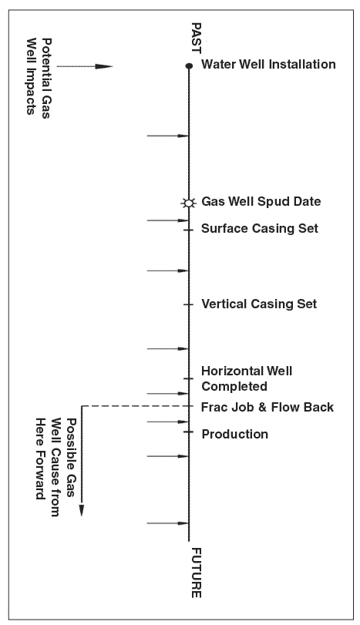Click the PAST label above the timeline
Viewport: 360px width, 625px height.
(x=196, y=38)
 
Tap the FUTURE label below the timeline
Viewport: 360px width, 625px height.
(x=196, y=573)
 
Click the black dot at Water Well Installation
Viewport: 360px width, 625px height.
(x=189, y=66)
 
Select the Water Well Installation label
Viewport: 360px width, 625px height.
(x=268, y=64)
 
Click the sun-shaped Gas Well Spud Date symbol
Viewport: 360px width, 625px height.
(x=189, y=203)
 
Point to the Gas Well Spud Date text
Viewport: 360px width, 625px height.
(x=261, y=201)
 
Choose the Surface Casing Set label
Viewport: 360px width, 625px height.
(x=260, y=228)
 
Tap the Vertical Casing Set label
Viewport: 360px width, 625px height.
(x=259, y=304)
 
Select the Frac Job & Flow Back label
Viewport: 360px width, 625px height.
(x=267, y=407)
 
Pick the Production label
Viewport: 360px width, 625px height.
(x=235, y=434)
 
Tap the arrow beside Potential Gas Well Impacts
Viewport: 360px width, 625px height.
(x=85, y=66)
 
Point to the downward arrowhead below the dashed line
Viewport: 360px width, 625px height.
(x=82, y=510)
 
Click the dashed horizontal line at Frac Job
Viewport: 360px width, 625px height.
(x=135, y=406)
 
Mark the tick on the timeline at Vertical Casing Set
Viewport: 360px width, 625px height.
(x=189, y=305)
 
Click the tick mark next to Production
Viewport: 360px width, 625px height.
(x=189, y=432)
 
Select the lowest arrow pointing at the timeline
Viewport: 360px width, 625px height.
(x=167, y=523)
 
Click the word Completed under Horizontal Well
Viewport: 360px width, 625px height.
(x=234, y=387)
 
